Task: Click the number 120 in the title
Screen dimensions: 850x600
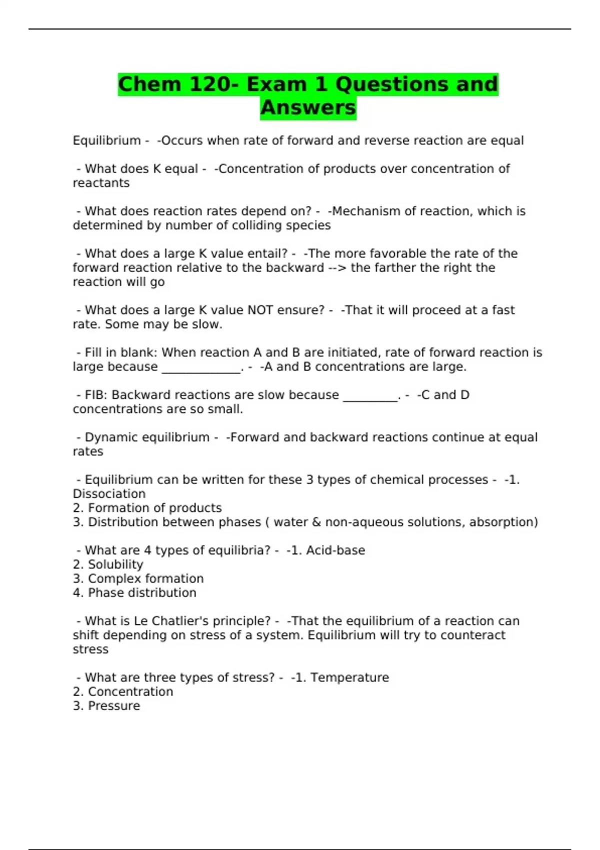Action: point(209,84)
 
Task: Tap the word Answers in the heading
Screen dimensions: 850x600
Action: point(308,107)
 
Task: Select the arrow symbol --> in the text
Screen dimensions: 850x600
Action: point(337,267)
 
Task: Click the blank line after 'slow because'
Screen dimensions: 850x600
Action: point(370,396)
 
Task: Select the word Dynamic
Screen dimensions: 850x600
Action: point(111,437)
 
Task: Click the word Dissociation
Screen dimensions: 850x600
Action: point(109,494)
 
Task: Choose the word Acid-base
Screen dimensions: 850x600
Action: point(335,550)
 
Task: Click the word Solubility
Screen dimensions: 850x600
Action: point(115,564)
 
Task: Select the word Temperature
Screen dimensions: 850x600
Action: point(349,677)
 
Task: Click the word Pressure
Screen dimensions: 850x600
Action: point(114,706)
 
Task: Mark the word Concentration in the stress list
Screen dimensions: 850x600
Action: point(130,692)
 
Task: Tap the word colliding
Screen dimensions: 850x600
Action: point(249,225)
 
